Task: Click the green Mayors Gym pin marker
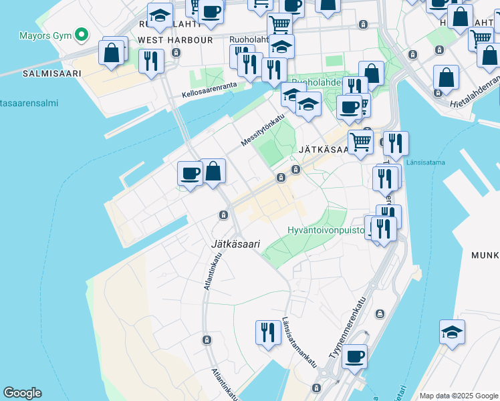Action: pos(82,34)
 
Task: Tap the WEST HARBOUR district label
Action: pos(175,40)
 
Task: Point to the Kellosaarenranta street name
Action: pos(210,90)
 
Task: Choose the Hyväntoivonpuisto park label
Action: pos(326,230)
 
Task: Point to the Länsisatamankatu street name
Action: pos(299,341)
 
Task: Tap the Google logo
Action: pos(22,393)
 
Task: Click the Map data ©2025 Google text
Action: pos(459,396)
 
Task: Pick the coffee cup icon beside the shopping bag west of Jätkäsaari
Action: pos(190,173)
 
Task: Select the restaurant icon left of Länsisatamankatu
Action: pos(267,332)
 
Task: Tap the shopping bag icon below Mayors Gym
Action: pos(112,52)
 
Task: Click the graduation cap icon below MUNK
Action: pos(452,332)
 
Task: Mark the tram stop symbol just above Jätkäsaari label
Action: pos(223,215)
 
